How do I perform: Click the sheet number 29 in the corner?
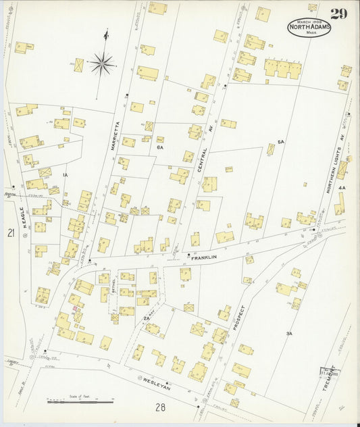point(339,14)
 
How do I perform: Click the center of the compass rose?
point(103,64)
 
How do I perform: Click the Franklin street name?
point(204,257)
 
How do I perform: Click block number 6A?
point(160,147)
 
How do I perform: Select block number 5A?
point(281,143)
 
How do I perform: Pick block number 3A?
point(289,333)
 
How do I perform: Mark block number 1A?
point(66,175)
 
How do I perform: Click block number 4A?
point(342,187)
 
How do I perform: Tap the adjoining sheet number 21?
point(11,233)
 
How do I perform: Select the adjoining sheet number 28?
point(160,407)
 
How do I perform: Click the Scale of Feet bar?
point(80,401)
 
